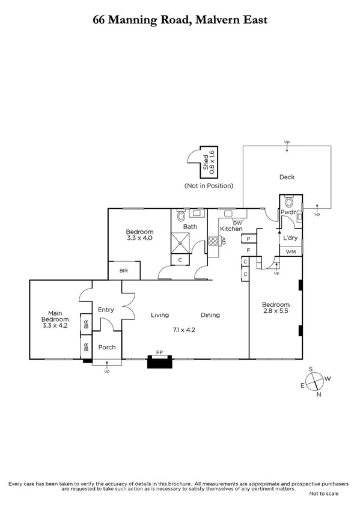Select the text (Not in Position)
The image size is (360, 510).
coord(209,186)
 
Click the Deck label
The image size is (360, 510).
coord(286,177)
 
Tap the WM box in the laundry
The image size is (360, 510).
coord(291,251)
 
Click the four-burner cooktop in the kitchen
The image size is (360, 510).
coord(213,241)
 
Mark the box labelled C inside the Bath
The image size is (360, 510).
coord(181,260)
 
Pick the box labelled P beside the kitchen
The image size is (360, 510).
coord(248,239)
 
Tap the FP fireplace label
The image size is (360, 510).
coord(159,353)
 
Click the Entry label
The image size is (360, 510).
coord(106,310)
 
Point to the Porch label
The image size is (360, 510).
coord(106,347)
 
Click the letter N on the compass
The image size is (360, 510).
coord(319,395)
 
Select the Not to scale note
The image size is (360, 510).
coord(324,493)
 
